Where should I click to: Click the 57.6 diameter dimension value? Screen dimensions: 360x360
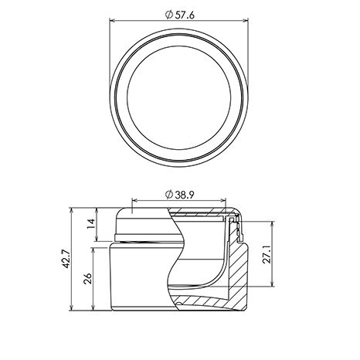click(x=185, y=15)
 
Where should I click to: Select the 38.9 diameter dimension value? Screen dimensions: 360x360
click(x=185, y=195)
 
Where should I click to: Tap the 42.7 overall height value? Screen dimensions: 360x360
click(x=66, y=259)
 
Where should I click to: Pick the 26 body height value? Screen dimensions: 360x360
click(x=88, y=278)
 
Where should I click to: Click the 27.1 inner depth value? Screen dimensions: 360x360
click(x=267, y=254)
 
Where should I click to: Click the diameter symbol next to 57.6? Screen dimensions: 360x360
click(x=168, y=15)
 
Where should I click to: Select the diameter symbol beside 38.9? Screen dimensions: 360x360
click(x=168, y=195)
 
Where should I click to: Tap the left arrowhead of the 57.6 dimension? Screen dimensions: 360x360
click(x=112, y=20)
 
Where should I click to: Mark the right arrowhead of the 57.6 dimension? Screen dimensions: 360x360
click(x=246, y=20)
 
